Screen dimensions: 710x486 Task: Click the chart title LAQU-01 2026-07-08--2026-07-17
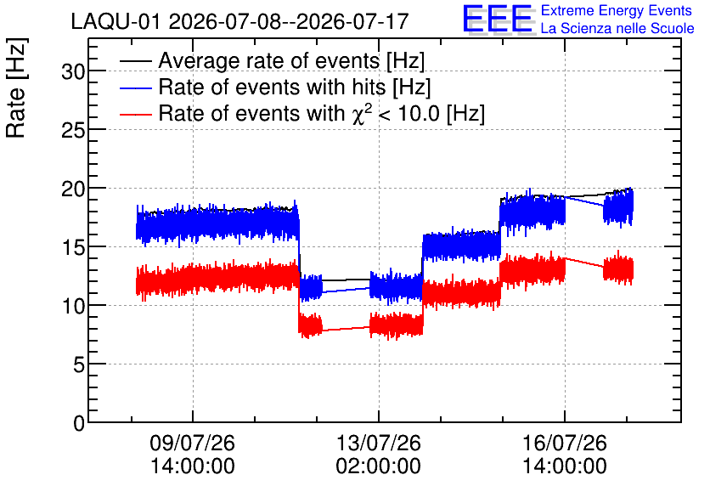[240, 21]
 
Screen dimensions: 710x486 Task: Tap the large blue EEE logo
[499, 20]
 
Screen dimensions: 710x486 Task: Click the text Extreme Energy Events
[617, 10]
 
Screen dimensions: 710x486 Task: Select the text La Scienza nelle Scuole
[617, 28]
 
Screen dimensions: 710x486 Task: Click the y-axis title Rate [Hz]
[16, 88]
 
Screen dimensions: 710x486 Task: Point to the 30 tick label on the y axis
[73, 71]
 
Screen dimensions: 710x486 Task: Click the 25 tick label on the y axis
[73, 130]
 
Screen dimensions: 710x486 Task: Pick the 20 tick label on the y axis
[73, 189]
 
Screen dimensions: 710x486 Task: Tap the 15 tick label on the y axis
[73, 247]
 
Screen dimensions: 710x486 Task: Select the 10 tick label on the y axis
[73, 306]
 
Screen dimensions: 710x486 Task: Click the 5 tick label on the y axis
[79, 364]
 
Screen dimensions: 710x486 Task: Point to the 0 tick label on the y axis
[79, 423]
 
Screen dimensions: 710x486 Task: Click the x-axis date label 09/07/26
[193, 443]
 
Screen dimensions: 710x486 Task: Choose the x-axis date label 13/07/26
[379, 443]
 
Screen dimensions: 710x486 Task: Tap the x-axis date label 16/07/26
[565, 443]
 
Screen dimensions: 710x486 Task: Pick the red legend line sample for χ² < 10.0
[136, 114]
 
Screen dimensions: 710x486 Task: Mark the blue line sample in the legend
[136, 88]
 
